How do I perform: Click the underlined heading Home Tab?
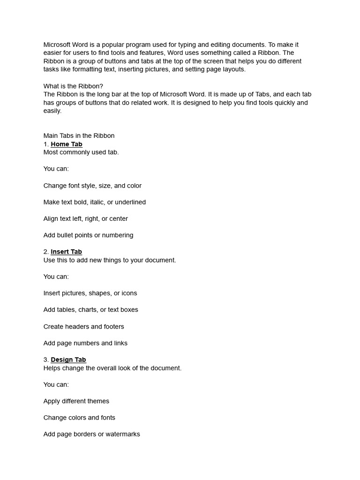pyautogui.click(x=67, y=144)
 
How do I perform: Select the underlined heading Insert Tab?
pyautogui.click(x=66, y=252)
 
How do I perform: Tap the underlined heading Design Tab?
pyautogui.click(x=68, y=360)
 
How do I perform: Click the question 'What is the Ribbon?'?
pyautogui.click(x=73, y=86)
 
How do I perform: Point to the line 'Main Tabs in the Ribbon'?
pyautogui.click(x=79, y=136)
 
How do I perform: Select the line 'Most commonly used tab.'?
pyautogui.click(x=81, y=152)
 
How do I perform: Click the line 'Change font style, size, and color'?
pyautogui.click(x=92, y=186)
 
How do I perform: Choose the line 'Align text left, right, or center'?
pyautogui.click(x=85, y=218)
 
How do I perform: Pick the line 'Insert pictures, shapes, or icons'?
pyautogui.click(x=90, y=293)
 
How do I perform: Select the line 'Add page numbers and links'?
pyautogui.click(x=85, y=343)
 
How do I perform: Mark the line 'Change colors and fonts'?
pyautogui.click(x=79, y=418)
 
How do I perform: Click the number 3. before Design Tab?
pyautogui.click(x=46, y=360)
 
